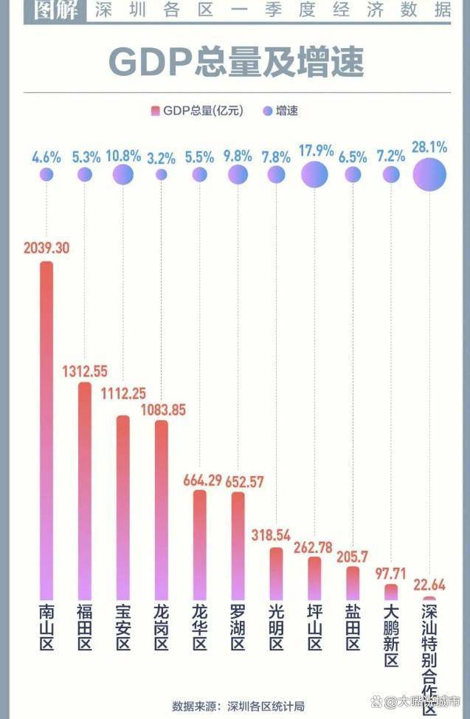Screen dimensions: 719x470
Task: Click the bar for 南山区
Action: pyautogui.click(x=46, y=428)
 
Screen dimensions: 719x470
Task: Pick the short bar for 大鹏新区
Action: pyautogui.click(x=391, y=592)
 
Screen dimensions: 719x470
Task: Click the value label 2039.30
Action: pyautogui.click(x=46, y=248)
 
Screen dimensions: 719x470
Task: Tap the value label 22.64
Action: pyautogui.click(x=429, y=585)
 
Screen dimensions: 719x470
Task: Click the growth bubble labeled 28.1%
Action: pyautogui.click(x=429, y=174)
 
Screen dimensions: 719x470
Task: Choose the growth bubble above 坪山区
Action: pyautogui.click(x=314, y=174)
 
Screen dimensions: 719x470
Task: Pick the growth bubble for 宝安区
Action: pyautogui.click(x=122, y=174)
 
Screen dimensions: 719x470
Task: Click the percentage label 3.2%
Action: pyautogui.click(x=161, y=156)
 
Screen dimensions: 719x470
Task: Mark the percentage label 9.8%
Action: pyautogui.click(x=238, y=156)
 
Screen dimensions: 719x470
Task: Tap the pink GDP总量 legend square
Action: pyautogui.click(x=155, y=111)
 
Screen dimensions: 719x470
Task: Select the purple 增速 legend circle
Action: pyautogui.click(x=268, y=111)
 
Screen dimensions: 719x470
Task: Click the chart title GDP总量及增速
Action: pyautogui.click(x=236, y=63)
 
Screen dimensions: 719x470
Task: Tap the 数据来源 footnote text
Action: pyautogui.click(x=238, y=706)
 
